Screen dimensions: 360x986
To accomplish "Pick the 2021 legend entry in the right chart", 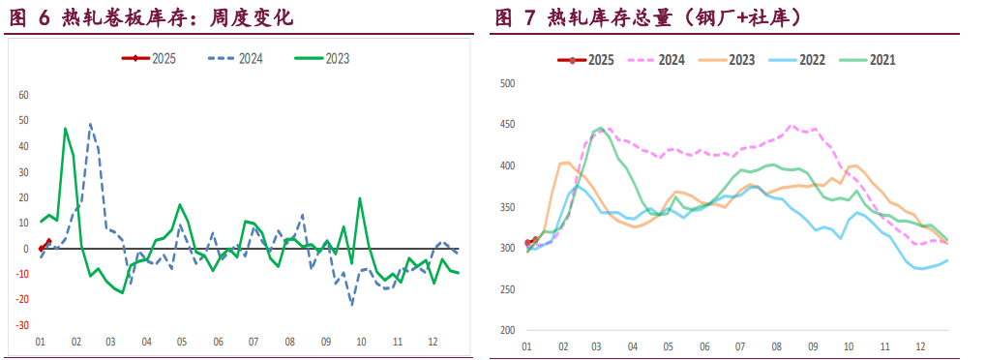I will pos(871,60).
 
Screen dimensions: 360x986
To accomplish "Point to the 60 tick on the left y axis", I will pos(24,96).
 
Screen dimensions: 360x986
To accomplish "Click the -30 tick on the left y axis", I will pos(23,325).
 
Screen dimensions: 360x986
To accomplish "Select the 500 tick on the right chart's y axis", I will pos(507,83).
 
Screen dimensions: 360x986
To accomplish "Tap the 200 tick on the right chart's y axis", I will pos(507,331).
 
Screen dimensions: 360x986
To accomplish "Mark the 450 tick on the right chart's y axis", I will pos(507,125).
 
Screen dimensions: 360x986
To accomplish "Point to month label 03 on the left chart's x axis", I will pos(110,343).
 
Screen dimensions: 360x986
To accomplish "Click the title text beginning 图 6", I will pos(150,18).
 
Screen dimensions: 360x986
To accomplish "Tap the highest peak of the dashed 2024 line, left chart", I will pos(90,124).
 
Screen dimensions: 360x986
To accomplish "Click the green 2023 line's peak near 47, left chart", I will pos(65,129).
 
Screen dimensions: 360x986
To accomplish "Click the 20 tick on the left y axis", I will pos(24,197).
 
